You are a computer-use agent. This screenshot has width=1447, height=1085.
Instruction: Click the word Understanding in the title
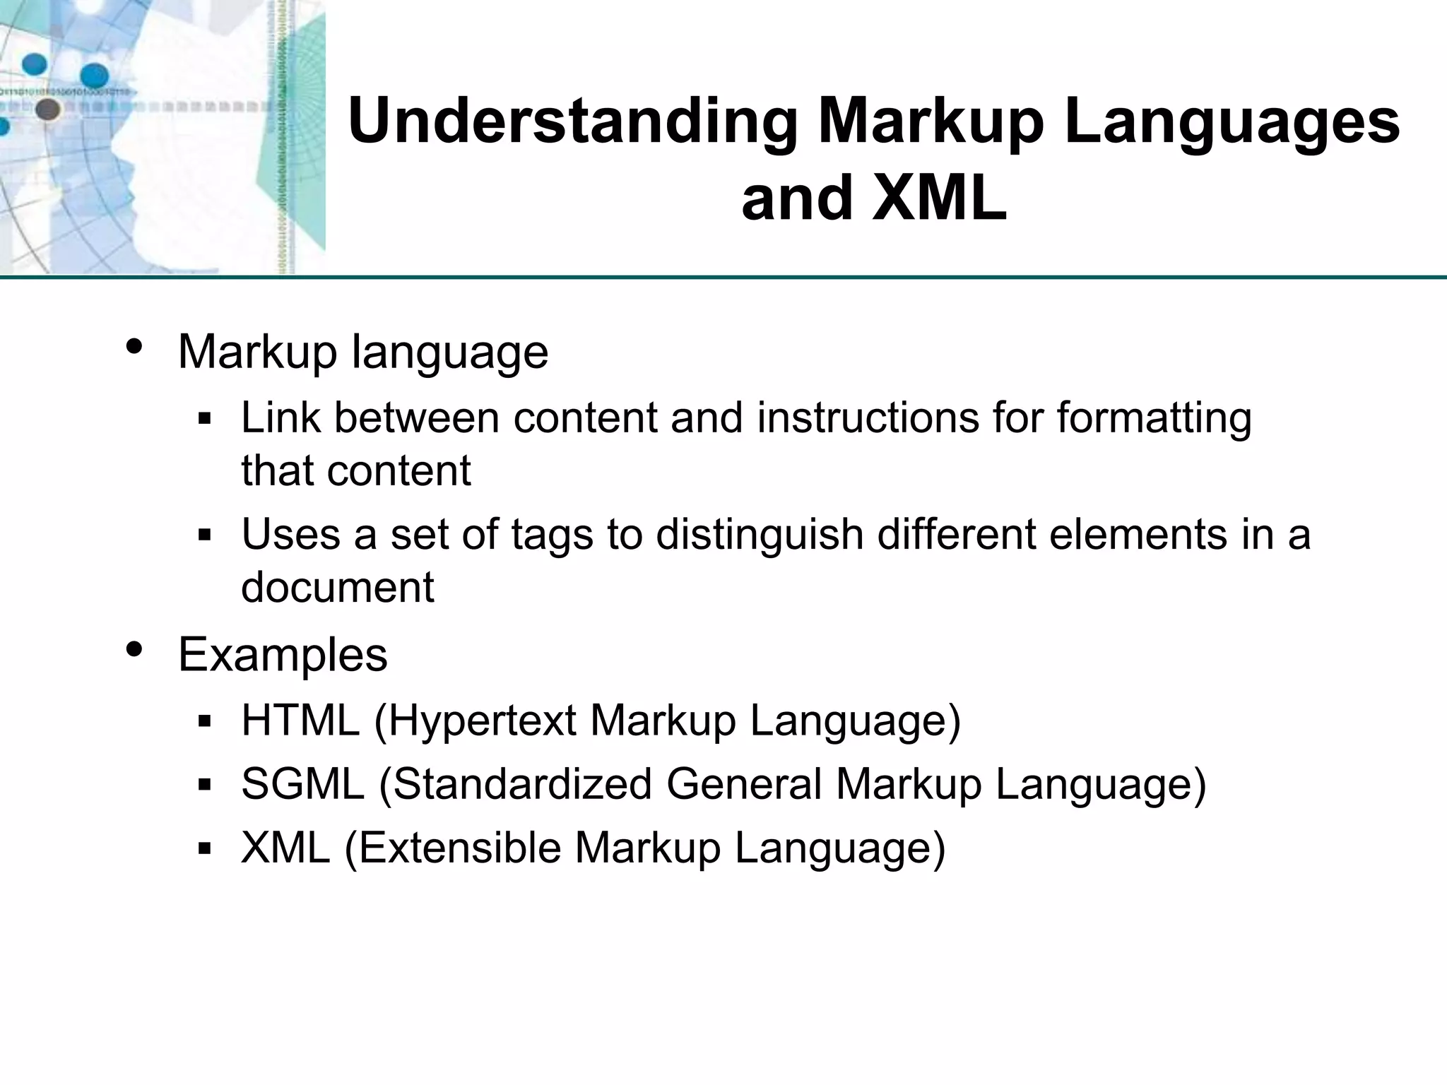[572, 121]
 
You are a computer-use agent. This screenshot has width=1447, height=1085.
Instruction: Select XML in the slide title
[940, 198]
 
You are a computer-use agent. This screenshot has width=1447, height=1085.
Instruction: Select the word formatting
[1154, 419]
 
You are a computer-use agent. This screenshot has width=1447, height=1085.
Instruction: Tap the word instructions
[868, 417]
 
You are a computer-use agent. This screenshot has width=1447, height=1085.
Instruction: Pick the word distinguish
[760, 535]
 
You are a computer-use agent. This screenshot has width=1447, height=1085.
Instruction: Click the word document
[338, 587]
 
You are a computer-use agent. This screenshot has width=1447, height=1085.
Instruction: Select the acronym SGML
[303, 784]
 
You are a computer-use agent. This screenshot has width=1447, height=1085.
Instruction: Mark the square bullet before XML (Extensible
[205, 848]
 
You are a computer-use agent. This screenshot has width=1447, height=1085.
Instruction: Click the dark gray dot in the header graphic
[48, 109]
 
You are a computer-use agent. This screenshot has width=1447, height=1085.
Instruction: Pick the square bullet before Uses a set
[205, 535]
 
